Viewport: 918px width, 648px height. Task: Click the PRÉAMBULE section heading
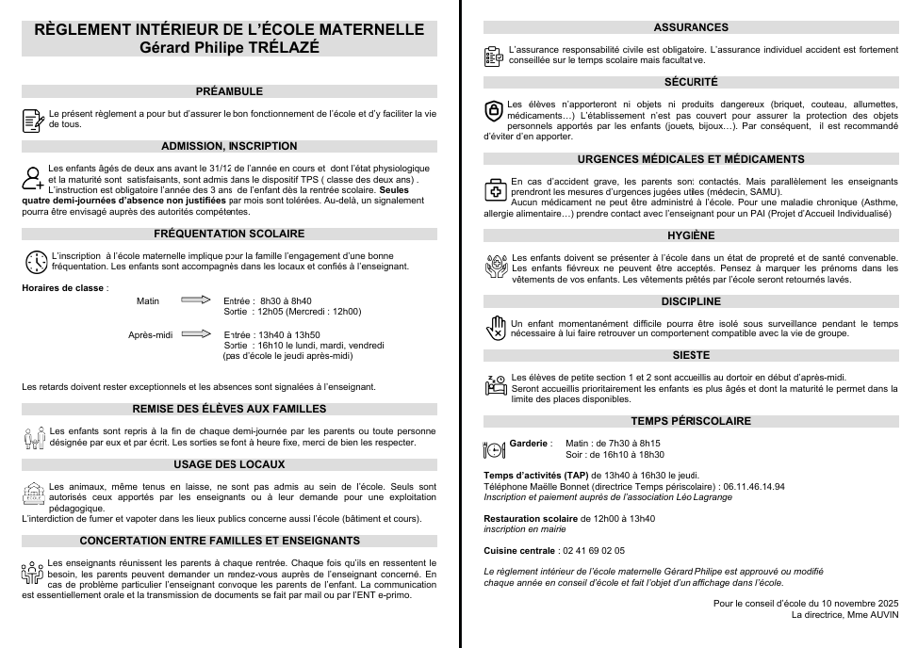click(229, 91)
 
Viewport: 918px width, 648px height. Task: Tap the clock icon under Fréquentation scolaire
click(36, 262)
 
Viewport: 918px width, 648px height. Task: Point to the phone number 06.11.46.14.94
click(753, 486)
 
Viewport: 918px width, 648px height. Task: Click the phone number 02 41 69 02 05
click(593, 550)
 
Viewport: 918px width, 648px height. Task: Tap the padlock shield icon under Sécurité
click(494, 112)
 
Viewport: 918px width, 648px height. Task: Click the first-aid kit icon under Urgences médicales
click(496, 189)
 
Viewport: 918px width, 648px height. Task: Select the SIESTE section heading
click(691, 355)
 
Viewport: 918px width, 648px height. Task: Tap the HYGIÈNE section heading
click(691, 235)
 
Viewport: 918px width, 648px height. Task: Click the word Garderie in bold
click(529, 443)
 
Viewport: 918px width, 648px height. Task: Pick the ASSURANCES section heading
click(691, 27)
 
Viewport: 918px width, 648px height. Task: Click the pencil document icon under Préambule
click(33, 120)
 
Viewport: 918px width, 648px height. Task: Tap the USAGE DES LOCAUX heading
click(229, 464)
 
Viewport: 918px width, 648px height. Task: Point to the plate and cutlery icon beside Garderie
click(495, 449)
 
